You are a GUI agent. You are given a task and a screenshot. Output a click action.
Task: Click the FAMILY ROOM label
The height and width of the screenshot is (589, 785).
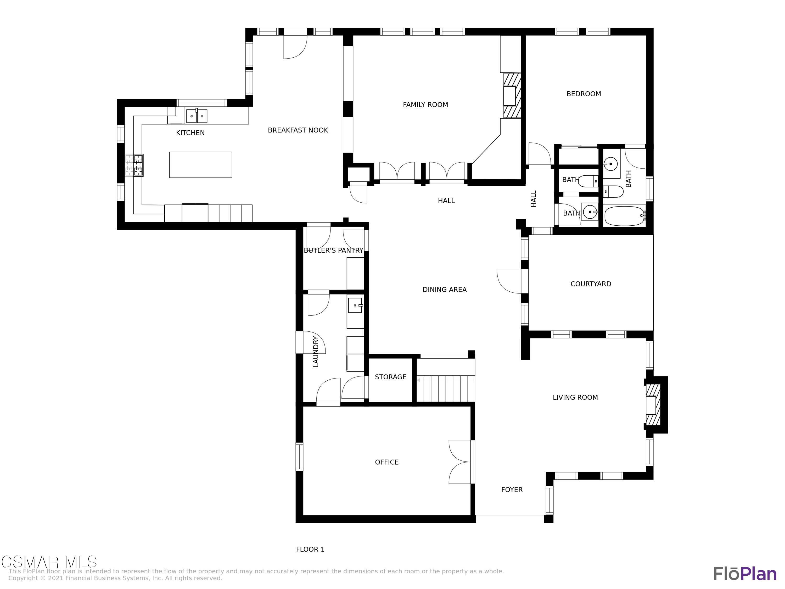[x=425, y=105]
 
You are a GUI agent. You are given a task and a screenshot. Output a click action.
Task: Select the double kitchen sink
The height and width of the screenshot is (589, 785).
[x=197, y=116]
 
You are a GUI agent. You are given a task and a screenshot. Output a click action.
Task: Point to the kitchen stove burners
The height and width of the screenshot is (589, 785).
[x=138, y=165]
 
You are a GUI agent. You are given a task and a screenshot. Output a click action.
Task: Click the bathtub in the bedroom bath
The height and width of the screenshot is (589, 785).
[x=625, y=216]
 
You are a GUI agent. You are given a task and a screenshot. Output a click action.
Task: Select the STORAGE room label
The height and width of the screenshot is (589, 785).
[x=390, y=377]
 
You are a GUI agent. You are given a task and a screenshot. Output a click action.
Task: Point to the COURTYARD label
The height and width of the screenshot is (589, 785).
[x=591, y=284]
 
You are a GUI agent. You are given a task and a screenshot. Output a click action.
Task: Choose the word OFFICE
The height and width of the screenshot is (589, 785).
[x=387, y=462]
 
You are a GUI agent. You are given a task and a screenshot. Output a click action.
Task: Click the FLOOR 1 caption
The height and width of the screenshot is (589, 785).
[x=310, y=549]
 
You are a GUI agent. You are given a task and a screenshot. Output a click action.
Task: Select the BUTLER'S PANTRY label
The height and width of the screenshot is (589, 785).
[x=334, y=250]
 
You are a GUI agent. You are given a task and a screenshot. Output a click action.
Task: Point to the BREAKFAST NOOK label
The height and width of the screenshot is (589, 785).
[x=298, y=130]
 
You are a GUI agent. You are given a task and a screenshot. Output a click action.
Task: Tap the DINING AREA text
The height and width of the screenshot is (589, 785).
[x=444, y=290]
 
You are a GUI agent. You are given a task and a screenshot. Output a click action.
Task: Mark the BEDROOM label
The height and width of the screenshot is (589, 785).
[x=584, y=94]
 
